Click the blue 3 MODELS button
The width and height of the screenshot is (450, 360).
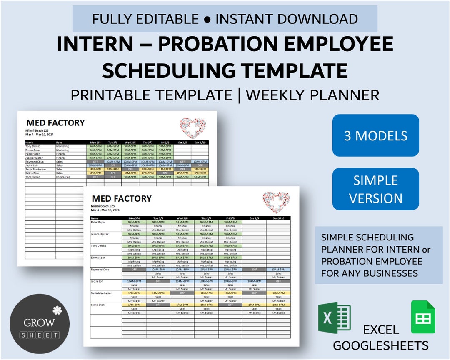coord(375,135)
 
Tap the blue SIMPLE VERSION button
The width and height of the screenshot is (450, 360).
coord(375,189)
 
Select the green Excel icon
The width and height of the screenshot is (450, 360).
coord(334,318)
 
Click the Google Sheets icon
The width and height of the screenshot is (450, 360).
coord(423,317)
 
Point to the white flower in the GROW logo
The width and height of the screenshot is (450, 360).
coord(57,310)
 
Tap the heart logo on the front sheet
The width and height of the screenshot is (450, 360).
coord(276,202)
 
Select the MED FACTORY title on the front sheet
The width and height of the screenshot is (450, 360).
coord(121,198)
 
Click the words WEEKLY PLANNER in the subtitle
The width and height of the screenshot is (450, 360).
coord(312,95)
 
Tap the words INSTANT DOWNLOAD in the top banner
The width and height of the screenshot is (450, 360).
coord(287,19)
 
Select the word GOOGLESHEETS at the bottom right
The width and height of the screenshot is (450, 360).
coord(381,345)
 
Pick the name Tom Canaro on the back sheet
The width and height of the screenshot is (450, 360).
coord(33,177)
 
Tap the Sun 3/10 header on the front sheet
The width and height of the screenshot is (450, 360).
coord(278,218)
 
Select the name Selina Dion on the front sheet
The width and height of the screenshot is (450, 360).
coord(99,305)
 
